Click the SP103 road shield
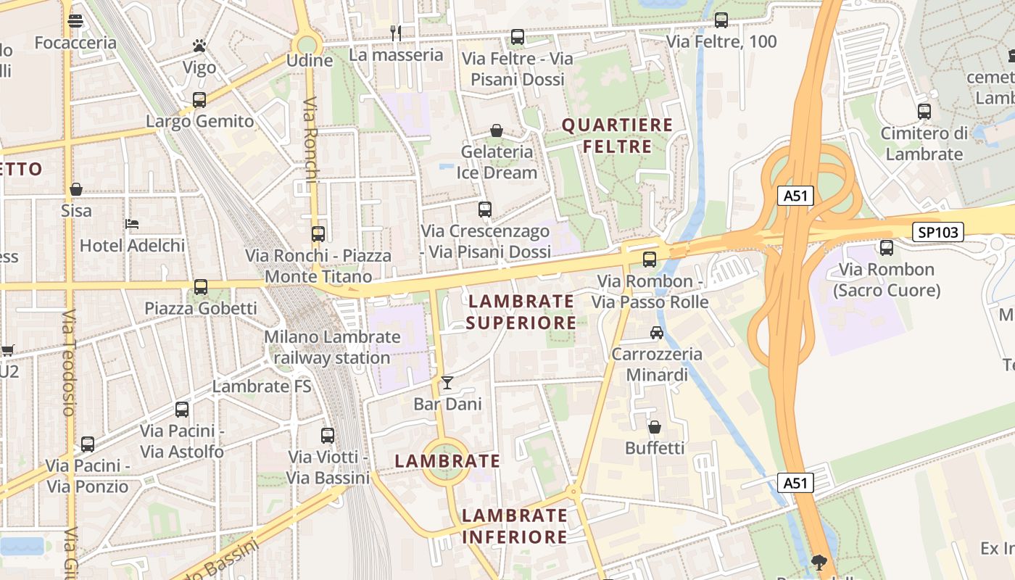(938, 232)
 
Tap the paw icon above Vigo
(199, 46)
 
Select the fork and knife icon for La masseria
(396, 33)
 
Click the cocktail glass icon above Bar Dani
(447, 382)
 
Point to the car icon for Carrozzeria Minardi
(656, 333)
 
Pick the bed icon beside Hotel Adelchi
(132, 224)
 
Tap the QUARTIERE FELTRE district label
(618, 136)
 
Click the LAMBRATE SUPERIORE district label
(521, 312)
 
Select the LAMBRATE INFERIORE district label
(515, 526)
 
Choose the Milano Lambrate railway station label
(332, 347)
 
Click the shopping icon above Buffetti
(655, 427)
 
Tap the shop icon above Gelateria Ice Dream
(497, 130)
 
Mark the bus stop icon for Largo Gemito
(199, 99)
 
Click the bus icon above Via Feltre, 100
(721, 20)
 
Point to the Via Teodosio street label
(68, 362)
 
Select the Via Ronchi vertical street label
(310, 145)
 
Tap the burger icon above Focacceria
(75, 21)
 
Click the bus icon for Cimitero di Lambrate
(924, 112)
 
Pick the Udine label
(310, 60)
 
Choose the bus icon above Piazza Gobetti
(201, 287)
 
